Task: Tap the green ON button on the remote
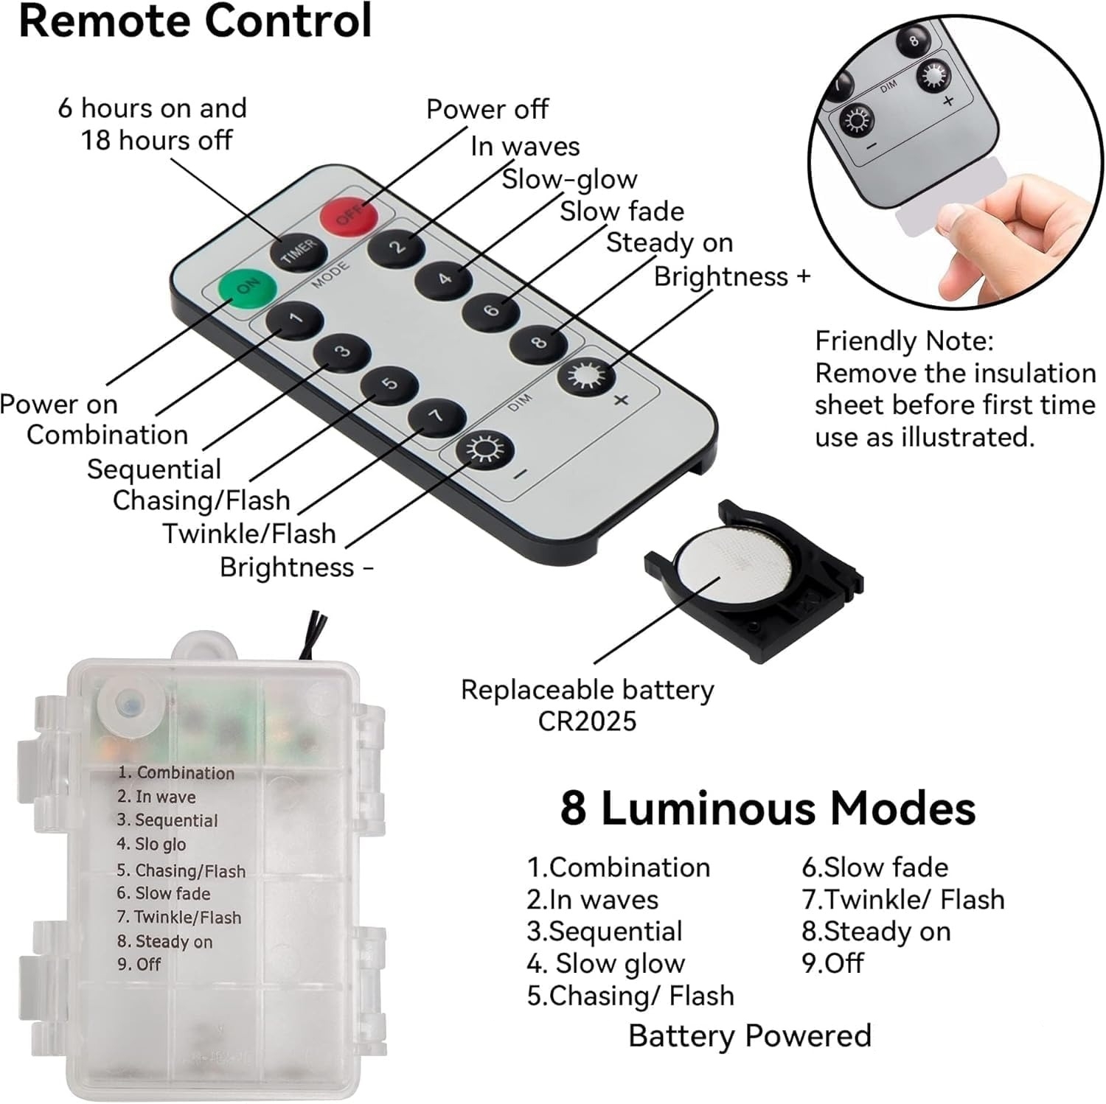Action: (247, 287)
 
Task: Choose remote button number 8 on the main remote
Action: (539, 342)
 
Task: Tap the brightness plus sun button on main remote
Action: (587, 376)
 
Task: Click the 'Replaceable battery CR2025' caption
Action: (588, 705)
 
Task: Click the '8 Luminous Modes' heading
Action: (768, 808)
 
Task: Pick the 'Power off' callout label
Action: (487, 109)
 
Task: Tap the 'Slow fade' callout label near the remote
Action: (622, 212)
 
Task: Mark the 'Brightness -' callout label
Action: (296, 567)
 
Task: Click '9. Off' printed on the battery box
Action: (139, 964)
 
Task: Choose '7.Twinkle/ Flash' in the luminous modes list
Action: (903, 900)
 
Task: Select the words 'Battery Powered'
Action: (750, 1035)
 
